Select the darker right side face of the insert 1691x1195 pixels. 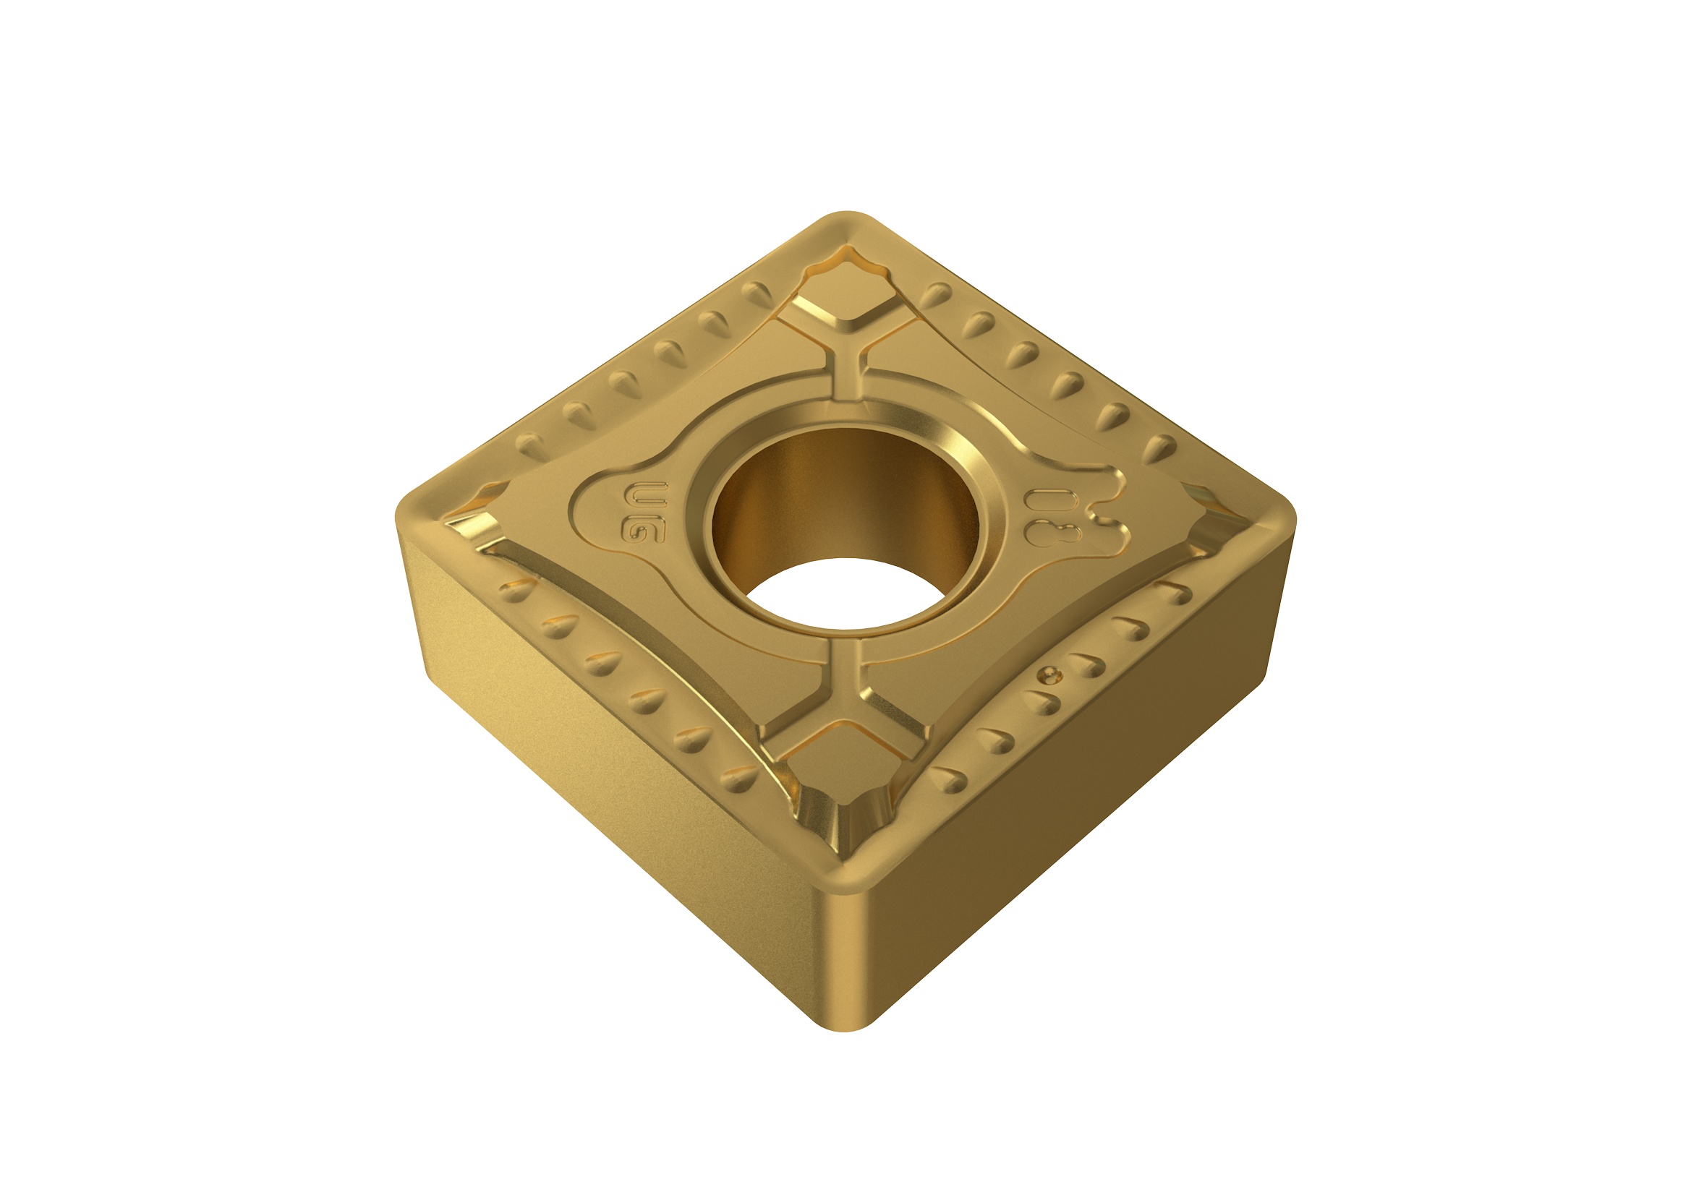[1068, 825]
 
